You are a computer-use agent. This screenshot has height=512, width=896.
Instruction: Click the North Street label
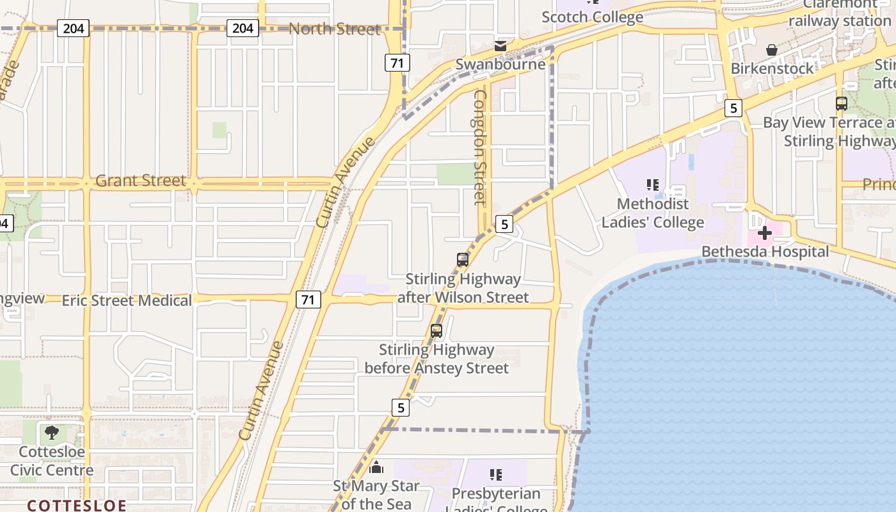click(x=334, y=29)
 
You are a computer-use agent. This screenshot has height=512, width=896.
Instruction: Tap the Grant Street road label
click(x=140, y=181)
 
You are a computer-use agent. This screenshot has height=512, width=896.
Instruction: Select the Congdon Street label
click(x=480, y=147)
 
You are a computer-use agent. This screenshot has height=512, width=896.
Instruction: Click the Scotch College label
click(x=592, y=17)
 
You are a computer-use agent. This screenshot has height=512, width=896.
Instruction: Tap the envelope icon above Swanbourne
click(x=500, y=46)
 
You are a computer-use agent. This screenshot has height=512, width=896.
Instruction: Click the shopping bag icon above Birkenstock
click(x=772, y=50)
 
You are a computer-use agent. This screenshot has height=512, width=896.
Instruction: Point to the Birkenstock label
click(x=772, y=68)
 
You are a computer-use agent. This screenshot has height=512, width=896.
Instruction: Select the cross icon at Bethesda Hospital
click(x=764, y=233)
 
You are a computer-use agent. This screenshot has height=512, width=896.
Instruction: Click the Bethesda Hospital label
click(x=765, y=252)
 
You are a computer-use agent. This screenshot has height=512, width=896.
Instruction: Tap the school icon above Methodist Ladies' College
click(x=652, y=185)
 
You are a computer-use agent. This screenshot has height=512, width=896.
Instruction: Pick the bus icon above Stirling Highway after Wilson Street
click(x=463, y=260)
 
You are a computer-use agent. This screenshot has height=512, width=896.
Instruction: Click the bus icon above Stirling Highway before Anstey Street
click(x=436, y=331)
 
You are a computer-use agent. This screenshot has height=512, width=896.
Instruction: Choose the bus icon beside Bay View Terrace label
click(x=842, y=103)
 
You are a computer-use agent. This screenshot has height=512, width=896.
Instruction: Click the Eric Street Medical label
click(x=127, y=300)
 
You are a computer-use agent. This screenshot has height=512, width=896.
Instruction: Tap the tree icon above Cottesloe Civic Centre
click(x=51, y=433)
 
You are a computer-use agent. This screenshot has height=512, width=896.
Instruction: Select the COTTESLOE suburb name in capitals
click(x=76, y=505)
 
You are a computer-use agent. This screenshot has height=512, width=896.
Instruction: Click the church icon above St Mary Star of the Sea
click(x=376, y=467)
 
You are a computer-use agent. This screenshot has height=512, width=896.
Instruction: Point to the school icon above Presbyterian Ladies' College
click(x=496, y=475)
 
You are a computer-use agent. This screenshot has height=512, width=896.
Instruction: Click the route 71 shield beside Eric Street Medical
click(x=308, y=299)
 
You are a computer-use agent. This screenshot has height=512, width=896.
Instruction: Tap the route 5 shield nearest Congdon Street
click(x=504, y=224)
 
